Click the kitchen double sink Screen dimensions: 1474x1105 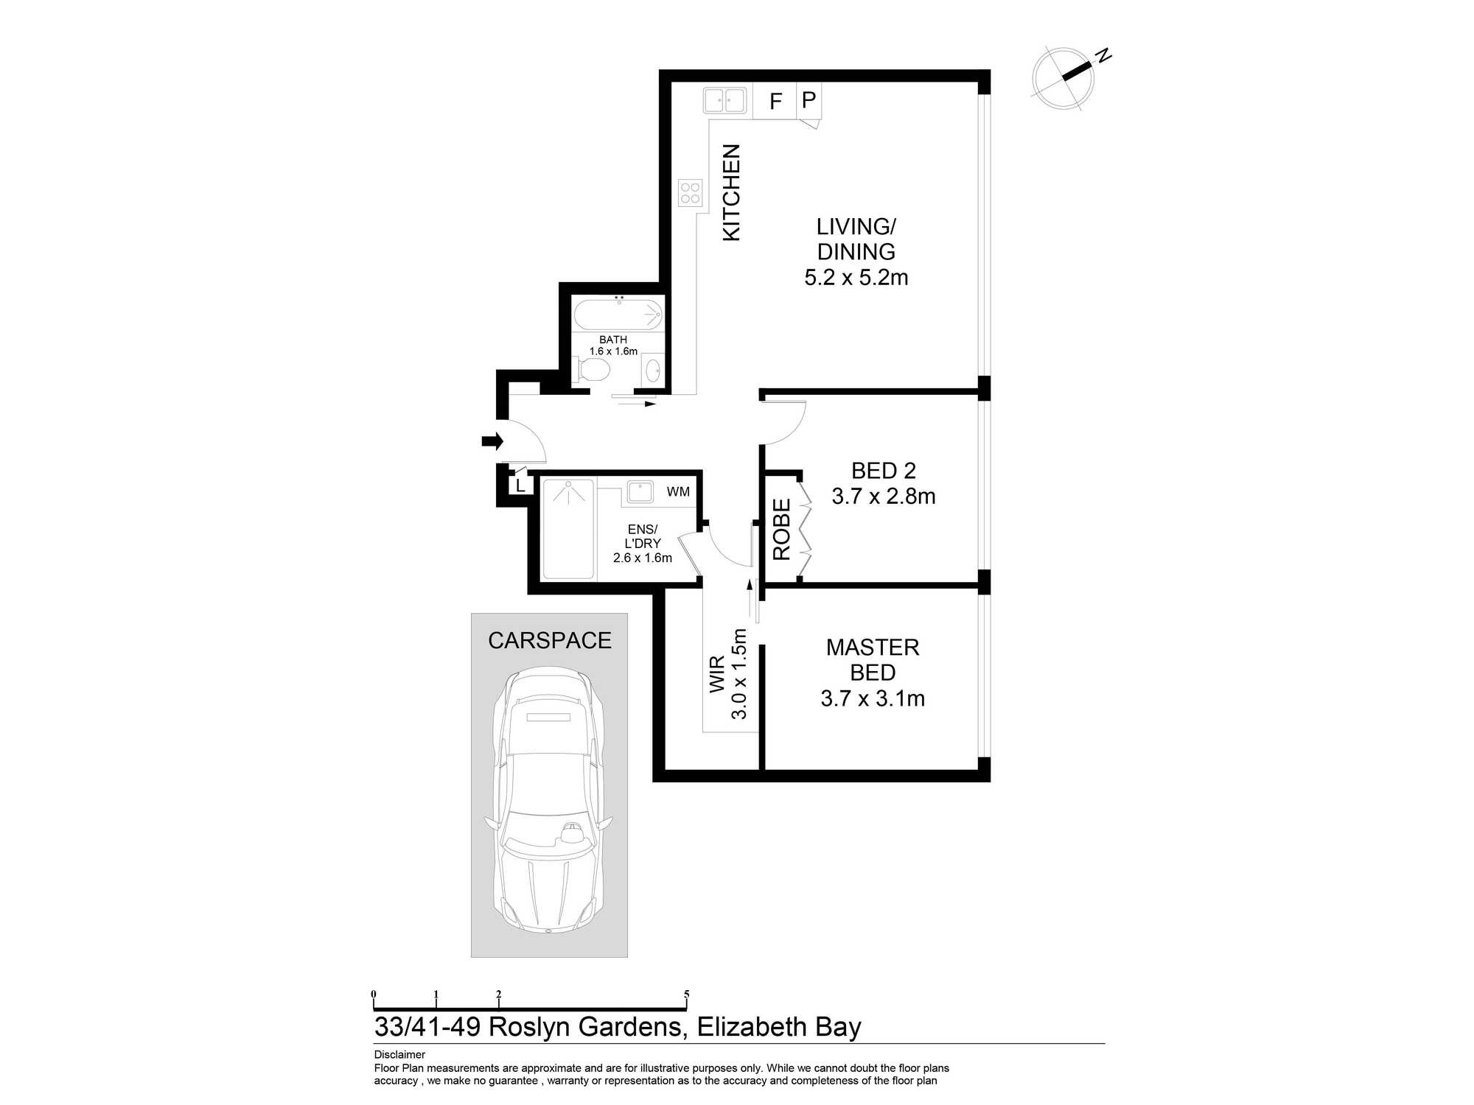point(724,100)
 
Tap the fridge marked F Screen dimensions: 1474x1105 point(775,101)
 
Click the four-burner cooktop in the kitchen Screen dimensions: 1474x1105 point(691,193)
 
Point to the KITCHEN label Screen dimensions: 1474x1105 point(731,192)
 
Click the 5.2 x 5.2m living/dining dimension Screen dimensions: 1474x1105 point(856,278)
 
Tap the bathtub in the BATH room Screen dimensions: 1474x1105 point(618,314)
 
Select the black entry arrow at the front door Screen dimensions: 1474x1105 point(492,441)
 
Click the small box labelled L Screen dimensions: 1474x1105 point(520,485)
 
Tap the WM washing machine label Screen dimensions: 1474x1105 point(678,491)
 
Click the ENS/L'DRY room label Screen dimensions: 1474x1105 point(643,536)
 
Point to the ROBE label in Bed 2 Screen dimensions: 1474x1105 point(782,529)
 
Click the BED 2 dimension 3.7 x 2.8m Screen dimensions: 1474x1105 point(884,497)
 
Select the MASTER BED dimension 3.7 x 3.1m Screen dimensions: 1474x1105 point(873,698)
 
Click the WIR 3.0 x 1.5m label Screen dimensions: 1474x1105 point(728,674)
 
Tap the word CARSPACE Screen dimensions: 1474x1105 point(550,641)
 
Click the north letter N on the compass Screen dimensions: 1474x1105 point(1103,55)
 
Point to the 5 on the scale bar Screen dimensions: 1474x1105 point(686,994)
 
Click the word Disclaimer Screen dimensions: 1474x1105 point(399,1054)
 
